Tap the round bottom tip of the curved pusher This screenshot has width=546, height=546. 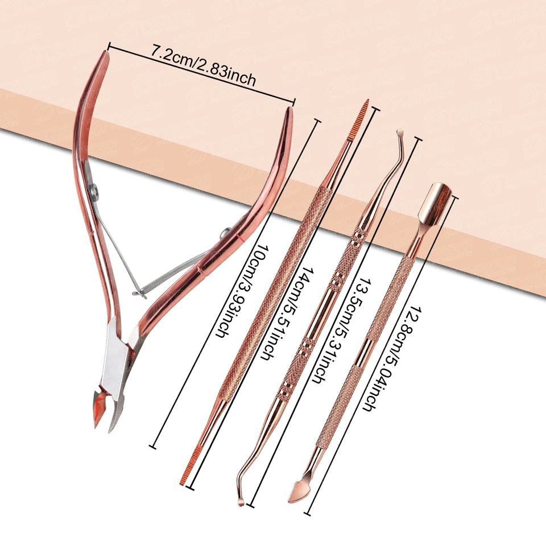241,500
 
